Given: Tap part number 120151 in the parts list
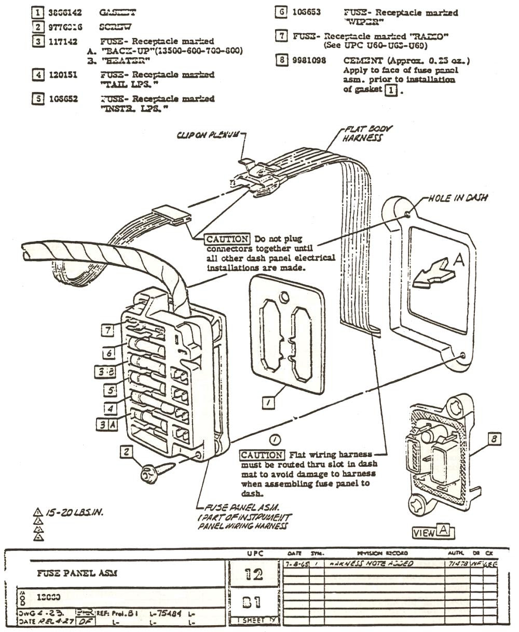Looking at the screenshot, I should (63, 75).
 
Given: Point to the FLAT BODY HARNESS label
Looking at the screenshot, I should (367, 133).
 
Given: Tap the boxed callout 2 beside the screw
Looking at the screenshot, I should (126, 452).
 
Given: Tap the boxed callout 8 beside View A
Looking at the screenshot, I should (495, 439).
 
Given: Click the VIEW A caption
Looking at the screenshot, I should (431, 532).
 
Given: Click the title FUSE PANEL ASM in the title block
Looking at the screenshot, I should (77, 573).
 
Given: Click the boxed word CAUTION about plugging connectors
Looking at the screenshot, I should (227, 239).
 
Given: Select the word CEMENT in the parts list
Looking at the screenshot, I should (360, 61).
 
